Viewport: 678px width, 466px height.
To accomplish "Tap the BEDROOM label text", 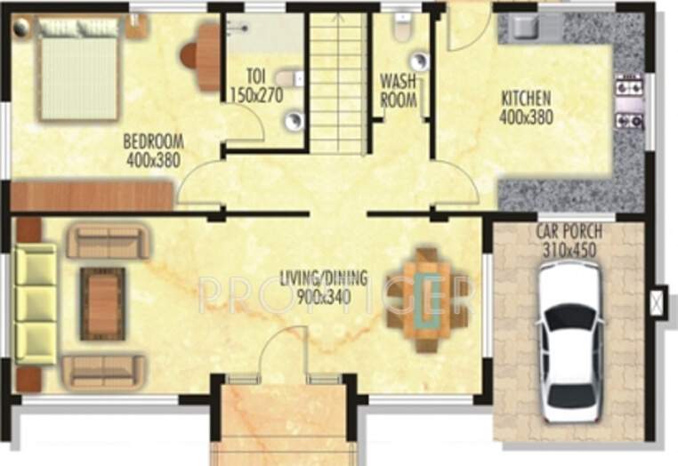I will tap(152, 141).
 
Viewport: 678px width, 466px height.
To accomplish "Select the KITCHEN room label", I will tap(525, 98).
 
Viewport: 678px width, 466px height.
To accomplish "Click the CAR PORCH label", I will tap(569, 233).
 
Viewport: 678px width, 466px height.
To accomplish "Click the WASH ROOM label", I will tap(399, 90).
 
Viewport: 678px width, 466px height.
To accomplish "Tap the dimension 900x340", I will tap(324, 295).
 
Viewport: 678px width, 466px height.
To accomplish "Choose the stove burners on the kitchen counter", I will tap(628, 102).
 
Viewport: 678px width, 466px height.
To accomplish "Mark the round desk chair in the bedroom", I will tap(190, 55).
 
